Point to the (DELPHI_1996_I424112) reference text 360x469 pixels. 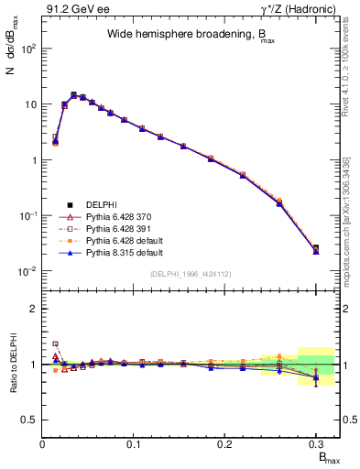190,272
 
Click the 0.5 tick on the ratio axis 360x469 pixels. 30,420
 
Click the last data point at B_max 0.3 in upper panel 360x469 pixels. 316,248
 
